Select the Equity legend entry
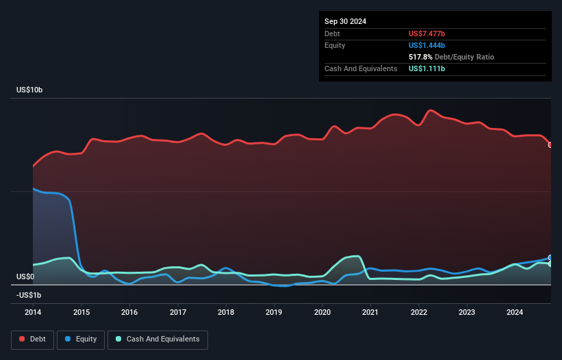[x=81, y=339]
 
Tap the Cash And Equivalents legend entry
[x=157, y=339]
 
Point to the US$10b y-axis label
[x=32, y=90]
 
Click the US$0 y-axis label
[x=26, y=277]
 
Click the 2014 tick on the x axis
[x=33, y=312]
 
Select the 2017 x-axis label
[x=178, y=312]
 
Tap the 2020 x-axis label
[x=322, y=312]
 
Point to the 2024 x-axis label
[x=515, y=312]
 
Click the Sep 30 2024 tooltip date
[x=345, y=21]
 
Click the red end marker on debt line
[x=550, y=145]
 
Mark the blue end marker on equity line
[x=550, y=258]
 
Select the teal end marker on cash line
[x=550, y=264]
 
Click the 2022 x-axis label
[x=419, y=312]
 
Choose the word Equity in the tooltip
[x=335, y=45]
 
